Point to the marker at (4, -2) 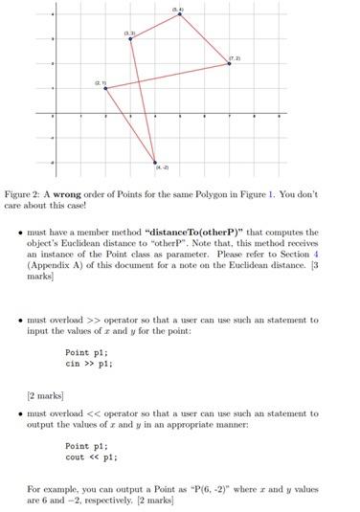pos(155,161)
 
